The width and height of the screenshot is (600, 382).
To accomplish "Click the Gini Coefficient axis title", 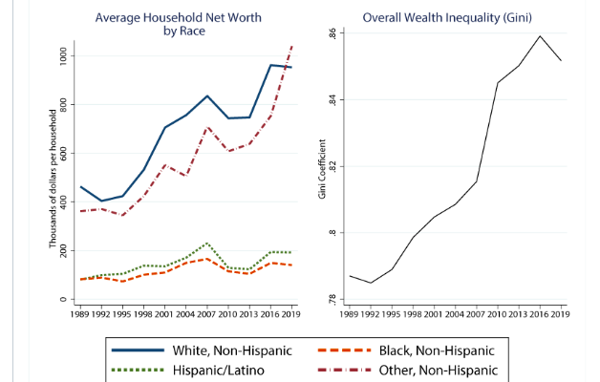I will coord(323,167).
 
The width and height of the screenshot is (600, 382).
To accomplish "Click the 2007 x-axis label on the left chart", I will coord(206,312).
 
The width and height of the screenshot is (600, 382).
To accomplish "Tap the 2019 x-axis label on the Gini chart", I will coord(560,312).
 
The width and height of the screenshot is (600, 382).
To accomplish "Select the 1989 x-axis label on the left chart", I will coord(80,312).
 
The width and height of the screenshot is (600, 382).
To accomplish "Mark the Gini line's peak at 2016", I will coord(540,36).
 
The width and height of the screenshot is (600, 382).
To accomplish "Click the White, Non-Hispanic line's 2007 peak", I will coord(207,95).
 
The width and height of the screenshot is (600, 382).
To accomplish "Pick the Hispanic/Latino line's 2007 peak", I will coord(207,243).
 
